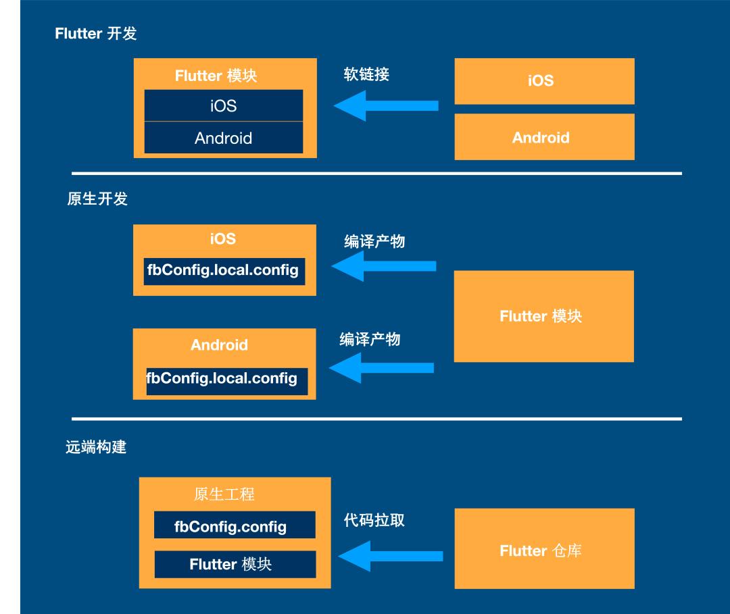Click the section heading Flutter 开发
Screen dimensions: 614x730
coord(95,34)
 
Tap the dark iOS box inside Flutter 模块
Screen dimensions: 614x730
coord(224,106)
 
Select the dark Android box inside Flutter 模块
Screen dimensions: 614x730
coord(224,138)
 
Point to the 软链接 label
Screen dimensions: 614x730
coord(366,74)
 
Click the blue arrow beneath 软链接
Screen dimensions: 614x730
coord(385,106)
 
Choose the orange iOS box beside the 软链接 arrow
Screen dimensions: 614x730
coord(544,81)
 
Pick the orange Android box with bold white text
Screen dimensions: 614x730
coord(544,137)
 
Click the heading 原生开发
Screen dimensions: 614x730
coord(97,199)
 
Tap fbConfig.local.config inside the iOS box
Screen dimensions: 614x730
coord(224,270)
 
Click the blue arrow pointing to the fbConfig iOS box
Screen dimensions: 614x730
coord(383,267)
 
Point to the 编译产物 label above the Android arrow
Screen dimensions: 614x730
coord(370,339)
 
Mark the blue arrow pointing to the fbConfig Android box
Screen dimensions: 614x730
coord(381,367)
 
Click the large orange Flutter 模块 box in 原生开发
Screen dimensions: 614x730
coord(543,316)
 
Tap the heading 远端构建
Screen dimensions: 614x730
coord(96,447)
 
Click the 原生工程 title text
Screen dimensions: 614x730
coord(224,494)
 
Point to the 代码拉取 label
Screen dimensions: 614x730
coord(374,521)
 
